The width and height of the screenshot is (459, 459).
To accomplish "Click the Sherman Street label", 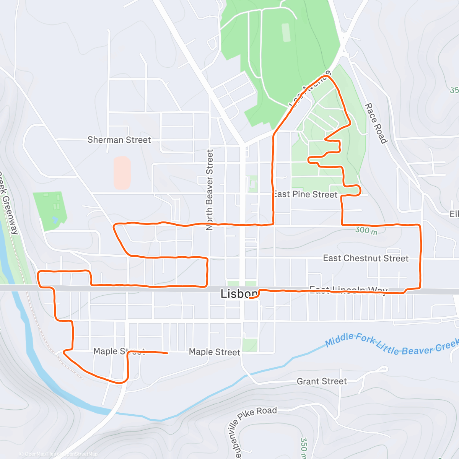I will coord(119,140).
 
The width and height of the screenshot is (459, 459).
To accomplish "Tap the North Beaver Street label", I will coord(209,190).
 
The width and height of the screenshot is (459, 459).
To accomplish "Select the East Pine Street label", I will coord(305,194).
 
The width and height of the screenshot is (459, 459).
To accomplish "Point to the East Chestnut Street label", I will coord(366,258).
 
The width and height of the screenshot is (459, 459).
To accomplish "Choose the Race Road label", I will coord(376,123).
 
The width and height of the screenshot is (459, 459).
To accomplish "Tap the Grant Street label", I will coord(322,381).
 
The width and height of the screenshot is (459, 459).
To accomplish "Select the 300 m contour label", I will coord(366,231).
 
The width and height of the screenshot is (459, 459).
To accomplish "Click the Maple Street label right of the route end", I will coord(215,352).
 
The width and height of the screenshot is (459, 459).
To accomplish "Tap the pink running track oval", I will coord(122,173).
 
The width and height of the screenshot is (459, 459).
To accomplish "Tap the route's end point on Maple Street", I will coord(167,353).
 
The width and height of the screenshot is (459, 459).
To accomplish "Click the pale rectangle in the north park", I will coord(286,33).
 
